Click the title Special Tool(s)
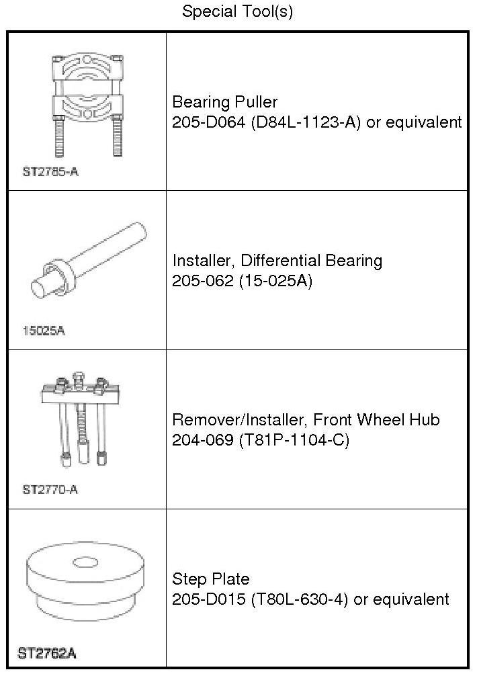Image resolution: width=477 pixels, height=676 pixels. (238, 11)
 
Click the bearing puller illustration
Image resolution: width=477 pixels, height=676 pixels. (87, 103)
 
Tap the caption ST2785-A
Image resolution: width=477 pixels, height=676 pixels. (50, 171)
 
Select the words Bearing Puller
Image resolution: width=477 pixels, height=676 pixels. (225, 102)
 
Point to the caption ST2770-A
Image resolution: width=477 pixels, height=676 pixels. (50, 490)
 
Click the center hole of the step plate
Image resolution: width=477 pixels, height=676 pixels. (85, 561)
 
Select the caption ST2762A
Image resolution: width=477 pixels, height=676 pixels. (46, 652)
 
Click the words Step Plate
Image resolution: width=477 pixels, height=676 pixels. (211, 579)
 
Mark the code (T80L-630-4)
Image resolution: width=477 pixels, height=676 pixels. (300, 599)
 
